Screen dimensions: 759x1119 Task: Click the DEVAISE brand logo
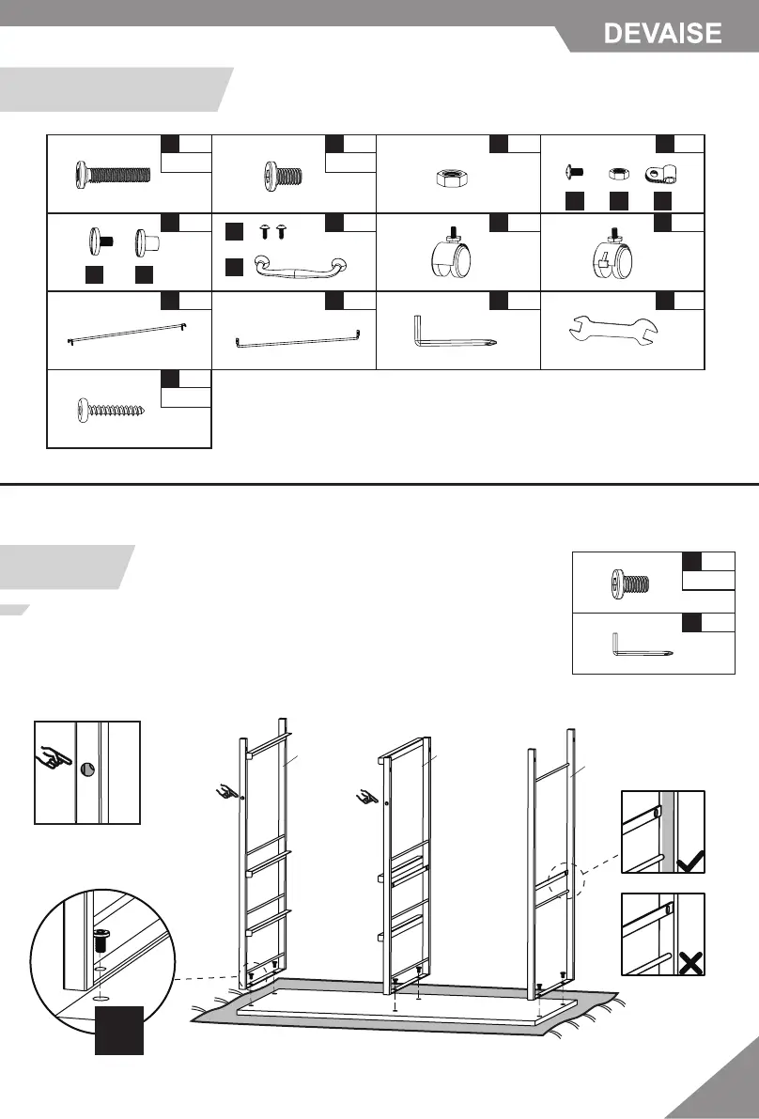pyautogui.click(x=662, y=34)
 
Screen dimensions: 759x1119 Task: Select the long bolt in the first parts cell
pyautogui.click(x=113, y=175)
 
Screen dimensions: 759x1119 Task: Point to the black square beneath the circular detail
pyautogui.click(x=118, y=1029)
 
